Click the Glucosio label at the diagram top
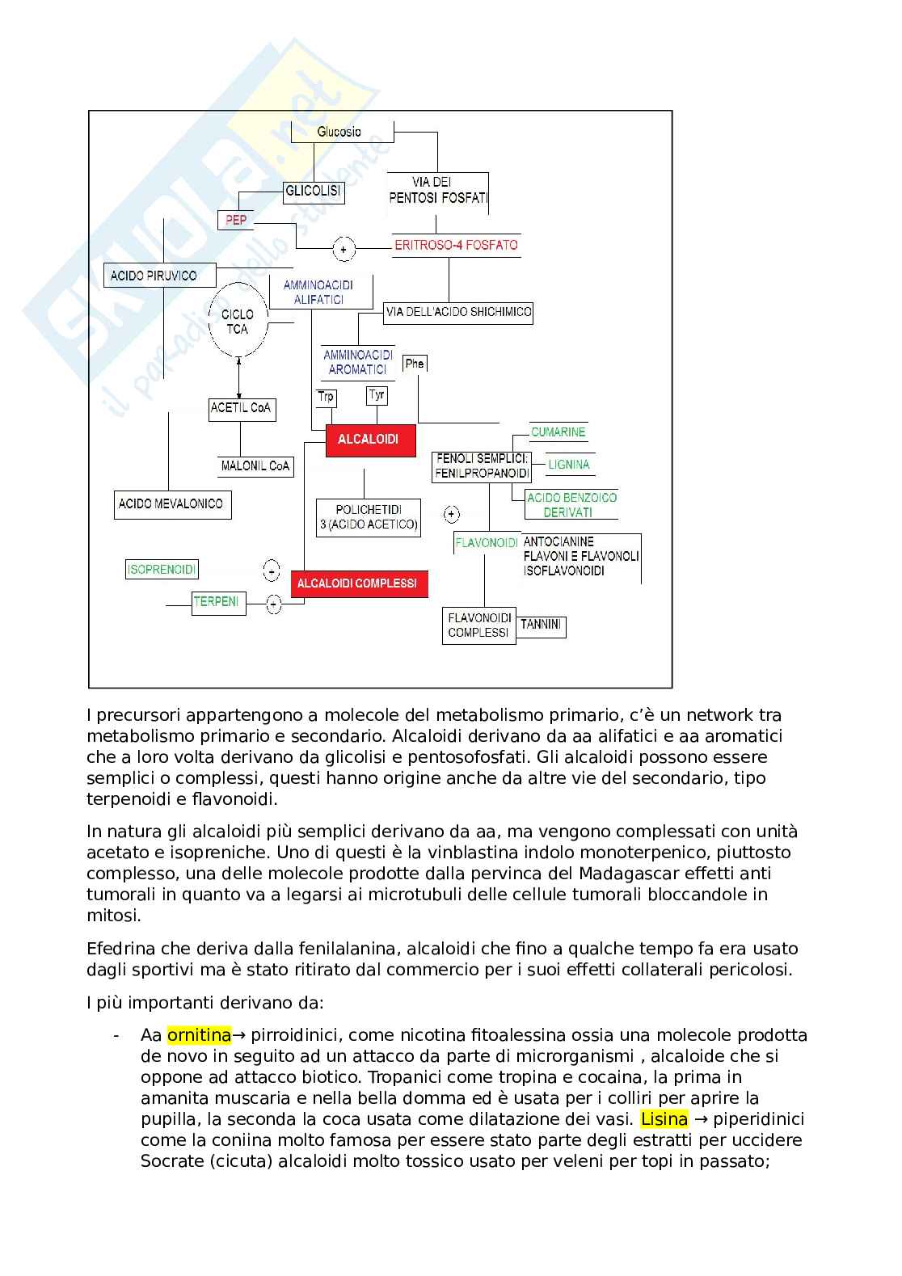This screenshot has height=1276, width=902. pyautogui.click(x=339, y=132)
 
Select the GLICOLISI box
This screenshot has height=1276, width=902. pyautogui.click(x=314, y=192)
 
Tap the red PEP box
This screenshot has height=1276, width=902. pyautogui.click(x=236, y=220)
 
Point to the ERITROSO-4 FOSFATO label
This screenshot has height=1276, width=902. pyautogui.click(x=456, y=245)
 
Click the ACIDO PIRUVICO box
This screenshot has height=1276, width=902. pyautogui.click(x=160, y=276)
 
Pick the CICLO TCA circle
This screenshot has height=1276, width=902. pyautogui.click(x=238, y=322)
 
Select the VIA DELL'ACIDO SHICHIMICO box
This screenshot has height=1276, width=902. pyautogui.click(x=458, y=312)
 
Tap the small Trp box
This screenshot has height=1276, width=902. pyautogui.click(x=326, y=396)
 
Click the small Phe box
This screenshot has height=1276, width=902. pyautogui.click(x=415, y=364)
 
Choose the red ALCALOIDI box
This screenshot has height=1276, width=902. pyautogui.click(x=370, y=440)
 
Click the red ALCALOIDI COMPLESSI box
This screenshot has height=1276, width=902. pyautogui.click(x=357, y=583)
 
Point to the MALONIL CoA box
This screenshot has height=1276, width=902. pyautogui.click(x=255, y=466)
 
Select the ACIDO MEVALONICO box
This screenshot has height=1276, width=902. pyautogui.click(x=172, y=504)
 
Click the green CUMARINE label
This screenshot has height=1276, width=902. pyautogui.click(x=558, y=432)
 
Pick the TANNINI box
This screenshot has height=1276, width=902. pyautogui.click(x=541, y=625)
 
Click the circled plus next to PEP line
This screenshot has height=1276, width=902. pyautogui.click(x=344, y=250)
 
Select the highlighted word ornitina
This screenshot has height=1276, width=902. pyautogui.click(x=199, y=1035)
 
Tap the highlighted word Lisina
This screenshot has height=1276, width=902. pyautogui.click(x=664, y=1119)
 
